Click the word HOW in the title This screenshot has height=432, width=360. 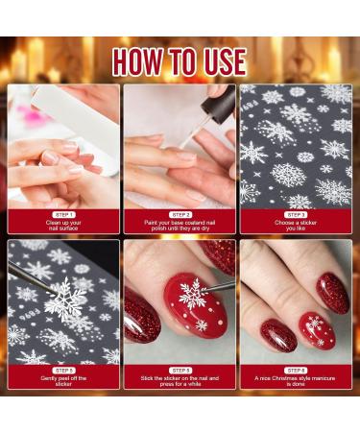point(144,60)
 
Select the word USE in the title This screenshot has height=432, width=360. point(228,60)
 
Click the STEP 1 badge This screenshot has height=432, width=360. point(64,214)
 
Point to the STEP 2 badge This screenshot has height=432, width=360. point(180,214)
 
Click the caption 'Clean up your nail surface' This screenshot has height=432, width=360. point(64,227)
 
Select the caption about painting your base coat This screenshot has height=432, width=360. point(180,227)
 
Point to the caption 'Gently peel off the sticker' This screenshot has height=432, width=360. point(64,382)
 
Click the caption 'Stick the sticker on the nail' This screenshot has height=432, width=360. point(180,382)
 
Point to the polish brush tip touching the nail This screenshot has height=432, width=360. point(182,146)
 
